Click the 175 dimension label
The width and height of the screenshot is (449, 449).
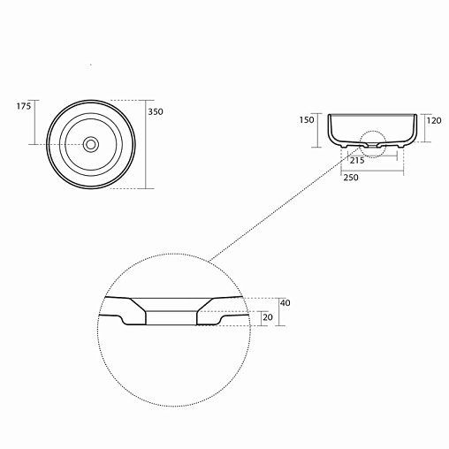click(x=24, y=106)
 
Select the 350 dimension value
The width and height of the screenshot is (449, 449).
click(x=156, y=111)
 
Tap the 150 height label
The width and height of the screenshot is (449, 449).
click(x=307, y=120)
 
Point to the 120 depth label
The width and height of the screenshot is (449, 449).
click(x=434, y=120)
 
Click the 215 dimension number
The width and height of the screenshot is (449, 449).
click(x=357, y=161)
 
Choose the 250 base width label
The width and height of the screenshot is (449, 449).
click(x=351, y=178)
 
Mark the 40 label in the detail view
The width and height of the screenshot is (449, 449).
click(x=285, y=302)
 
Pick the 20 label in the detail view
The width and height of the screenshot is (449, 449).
click(x=268, y=317)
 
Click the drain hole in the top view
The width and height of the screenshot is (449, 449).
click(x=91, y=144)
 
